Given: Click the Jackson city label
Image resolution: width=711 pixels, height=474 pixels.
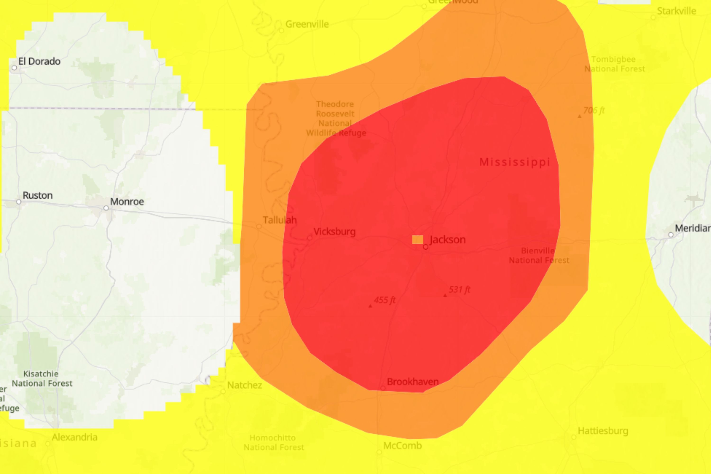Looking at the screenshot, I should click(447, 240).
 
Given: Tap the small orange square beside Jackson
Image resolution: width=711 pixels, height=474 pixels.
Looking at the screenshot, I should click(417, 240).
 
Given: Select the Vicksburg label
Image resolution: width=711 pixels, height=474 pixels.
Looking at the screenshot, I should click(334, 232).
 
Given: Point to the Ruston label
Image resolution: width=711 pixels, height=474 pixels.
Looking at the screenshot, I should click(37, 196).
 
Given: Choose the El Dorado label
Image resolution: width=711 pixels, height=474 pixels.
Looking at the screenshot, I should click(39, 61).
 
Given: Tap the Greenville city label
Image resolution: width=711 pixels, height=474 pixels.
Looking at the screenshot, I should click(307, 24).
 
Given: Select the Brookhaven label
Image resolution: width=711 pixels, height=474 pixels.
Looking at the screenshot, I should click(413, 382).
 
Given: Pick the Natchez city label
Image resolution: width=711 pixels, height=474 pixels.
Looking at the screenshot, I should click(245, 385).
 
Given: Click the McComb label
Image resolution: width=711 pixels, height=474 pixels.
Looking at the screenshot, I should click(402, 446).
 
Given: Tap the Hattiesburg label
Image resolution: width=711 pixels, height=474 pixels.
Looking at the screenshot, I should click(603, 431).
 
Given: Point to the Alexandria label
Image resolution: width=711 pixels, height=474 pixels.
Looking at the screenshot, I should click(74, 437).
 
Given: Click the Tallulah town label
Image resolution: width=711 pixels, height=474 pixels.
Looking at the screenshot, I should click(280, 220).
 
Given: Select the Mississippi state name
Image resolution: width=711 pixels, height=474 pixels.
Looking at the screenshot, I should click(515, 162).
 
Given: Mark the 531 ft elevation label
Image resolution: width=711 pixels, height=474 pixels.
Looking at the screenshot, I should click(460, 290).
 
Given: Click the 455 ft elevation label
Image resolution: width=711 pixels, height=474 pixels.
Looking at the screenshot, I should click(384, 300).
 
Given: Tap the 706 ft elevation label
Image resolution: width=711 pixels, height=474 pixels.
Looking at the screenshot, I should click(594, 110).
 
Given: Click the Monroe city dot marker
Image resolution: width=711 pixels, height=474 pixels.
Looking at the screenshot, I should click(106, 208).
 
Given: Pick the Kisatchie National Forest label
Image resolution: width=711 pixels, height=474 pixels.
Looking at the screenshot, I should click(42, 378).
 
